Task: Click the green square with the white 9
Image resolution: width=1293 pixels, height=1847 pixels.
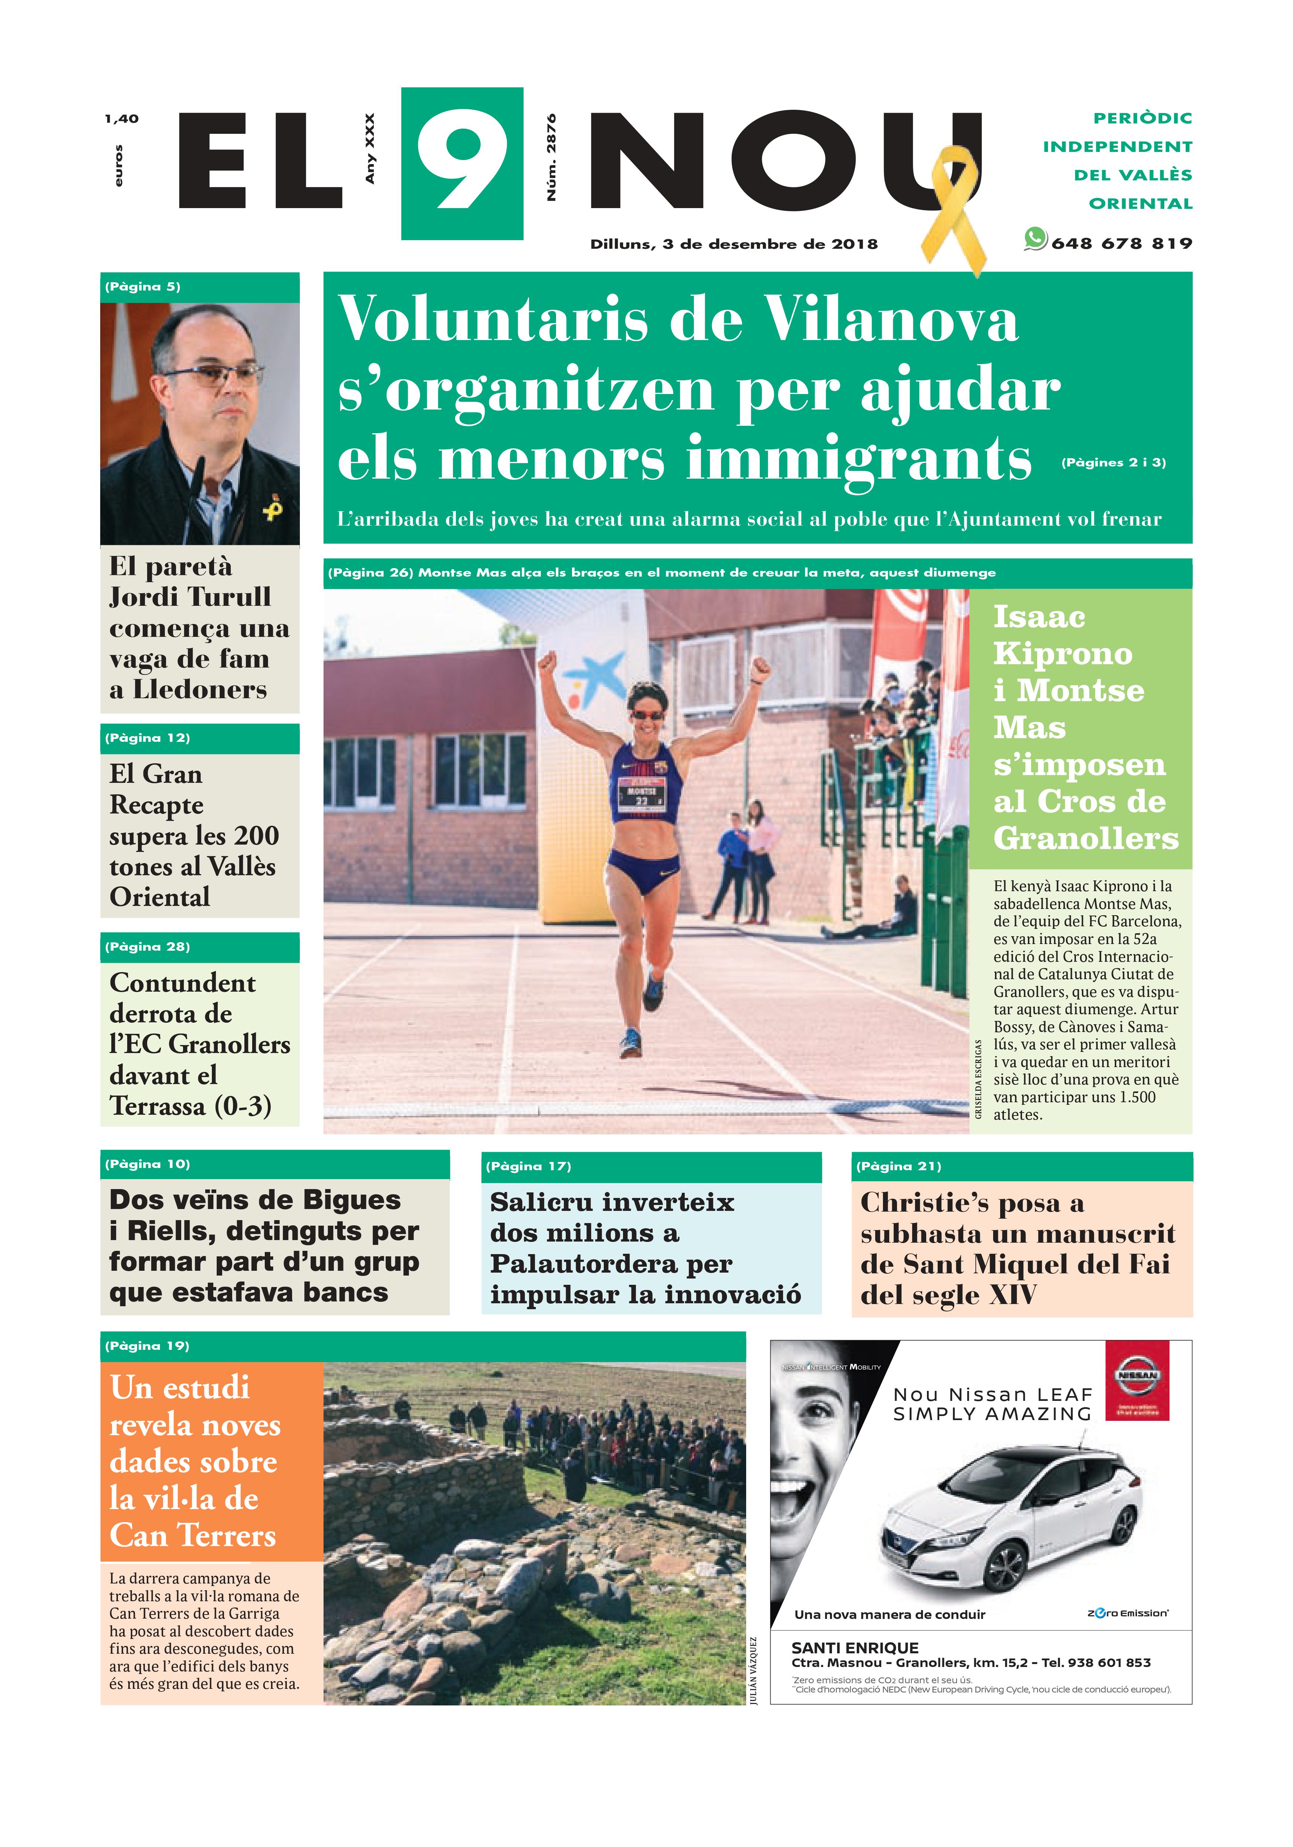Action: tap(462, 163)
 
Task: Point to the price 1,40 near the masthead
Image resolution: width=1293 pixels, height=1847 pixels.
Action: tap(122, 119)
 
